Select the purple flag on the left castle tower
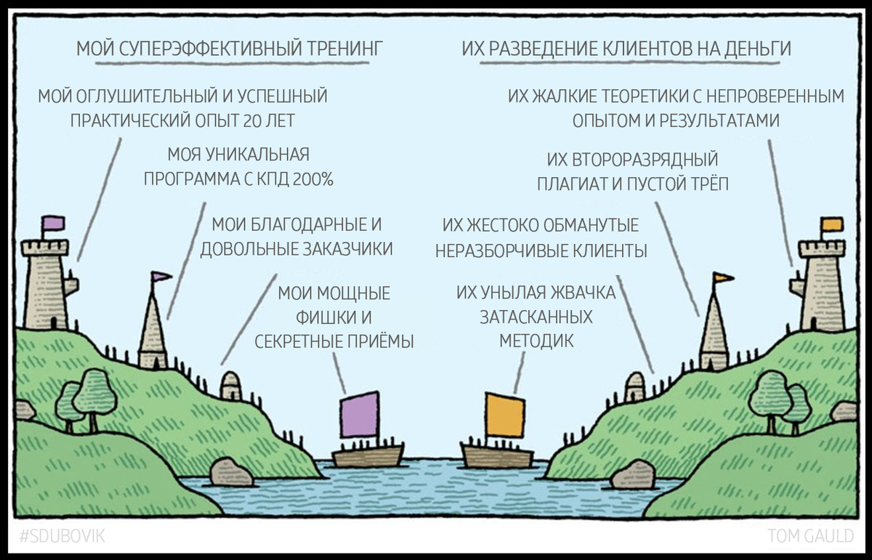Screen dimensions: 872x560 click(52, 223)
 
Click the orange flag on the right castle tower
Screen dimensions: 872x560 click(832, 224)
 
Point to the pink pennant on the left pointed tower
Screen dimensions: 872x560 click(161, 276)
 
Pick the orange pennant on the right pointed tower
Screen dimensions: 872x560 click(723, 277)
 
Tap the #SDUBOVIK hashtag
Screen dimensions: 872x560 click(62, 537)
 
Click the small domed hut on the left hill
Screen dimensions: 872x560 click(230, 386)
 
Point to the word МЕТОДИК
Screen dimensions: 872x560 click(536, 341)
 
